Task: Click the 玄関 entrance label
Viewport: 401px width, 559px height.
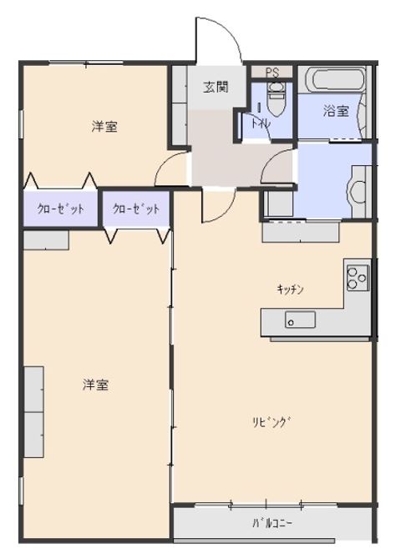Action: point(216,86)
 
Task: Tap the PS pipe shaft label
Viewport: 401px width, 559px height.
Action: point(273,73)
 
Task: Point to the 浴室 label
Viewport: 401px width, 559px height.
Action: point(336,110)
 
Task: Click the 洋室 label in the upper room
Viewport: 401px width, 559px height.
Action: point(104,127)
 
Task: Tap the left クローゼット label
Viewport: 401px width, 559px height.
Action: point(60,209)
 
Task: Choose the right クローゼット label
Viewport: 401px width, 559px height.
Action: point(135,209)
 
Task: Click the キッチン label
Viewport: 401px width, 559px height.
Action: point(291,289)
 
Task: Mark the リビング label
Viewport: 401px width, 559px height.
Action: point(273,421)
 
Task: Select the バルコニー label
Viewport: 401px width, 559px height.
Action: point(272,524)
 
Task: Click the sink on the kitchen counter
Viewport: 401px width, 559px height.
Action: point(299,320)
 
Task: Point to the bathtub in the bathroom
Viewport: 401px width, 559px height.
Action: point(334,82)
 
